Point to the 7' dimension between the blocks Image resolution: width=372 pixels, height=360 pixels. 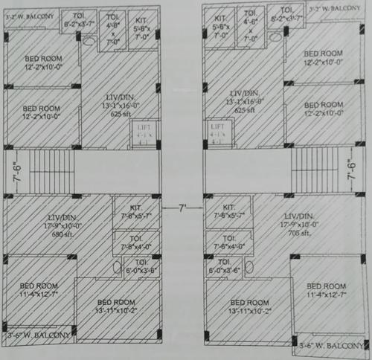pos(182,206)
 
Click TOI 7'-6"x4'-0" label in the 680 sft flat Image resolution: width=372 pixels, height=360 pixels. pos(135,243)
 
